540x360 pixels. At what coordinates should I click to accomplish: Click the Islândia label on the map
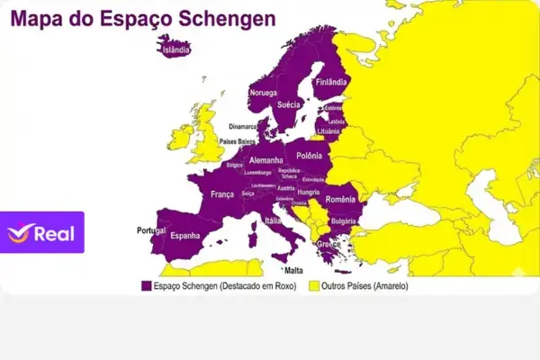click(x=175, y=50)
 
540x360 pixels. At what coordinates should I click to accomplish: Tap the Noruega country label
click(x=264, y=93)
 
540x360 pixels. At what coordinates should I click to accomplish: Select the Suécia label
click(x=289, y=104)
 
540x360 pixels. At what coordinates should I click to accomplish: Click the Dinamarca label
click(x=243, y=127)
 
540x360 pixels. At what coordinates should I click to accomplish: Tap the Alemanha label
click(x=266, y=160)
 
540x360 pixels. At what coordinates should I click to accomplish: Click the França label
click(x=222, y=193)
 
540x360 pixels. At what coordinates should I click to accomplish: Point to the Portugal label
click(x=146, y=230)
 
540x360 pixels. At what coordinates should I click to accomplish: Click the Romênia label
click(x=342, y=199)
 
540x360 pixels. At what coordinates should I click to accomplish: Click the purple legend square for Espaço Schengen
click(x=146, y=285)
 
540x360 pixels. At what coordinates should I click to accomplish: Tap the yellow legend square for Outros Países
click(x=314, y=285)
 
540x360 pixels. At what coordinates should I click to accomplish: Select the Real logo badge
click(x=42, y=232)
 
